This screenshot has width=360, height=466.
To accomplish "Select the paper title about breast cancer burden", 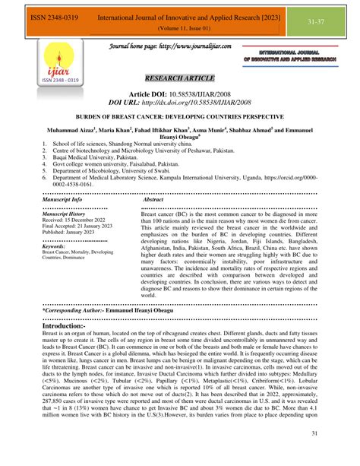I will point(180,139).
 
